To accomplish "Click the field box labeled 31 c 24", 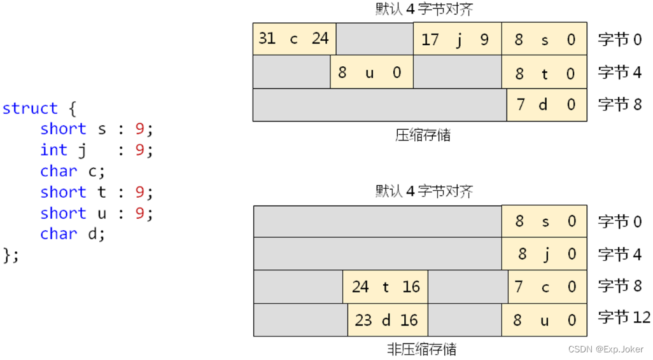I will (x=294, y=39).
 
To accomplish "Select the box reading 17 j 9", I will (x=458, y=39).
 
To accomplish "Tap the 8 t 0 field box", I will (x=545, y=73).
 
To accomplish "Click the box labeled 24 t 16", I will (x=385, y=287).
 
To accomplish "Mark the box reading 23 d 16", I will (x=387, y=320).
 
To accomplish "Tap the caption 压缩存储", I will (x=423, y=135).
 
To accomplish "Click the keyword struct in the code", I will (x=30, y=108).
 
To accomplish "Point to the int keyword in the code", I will (x=53, y=150).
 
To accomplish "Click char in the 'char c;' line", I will (x=58, y=171).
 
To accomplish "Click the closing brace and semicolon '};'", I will (x=11, y=255).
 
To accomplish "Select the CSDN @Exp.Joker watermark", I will (x=606, y=349).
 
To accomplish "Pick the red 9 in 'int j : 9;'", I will (x=140, y=150).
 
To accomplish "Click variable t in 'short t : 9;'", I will (x=102, y=192).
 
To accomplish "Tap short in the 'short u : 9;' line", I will (x=63, y=213).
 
